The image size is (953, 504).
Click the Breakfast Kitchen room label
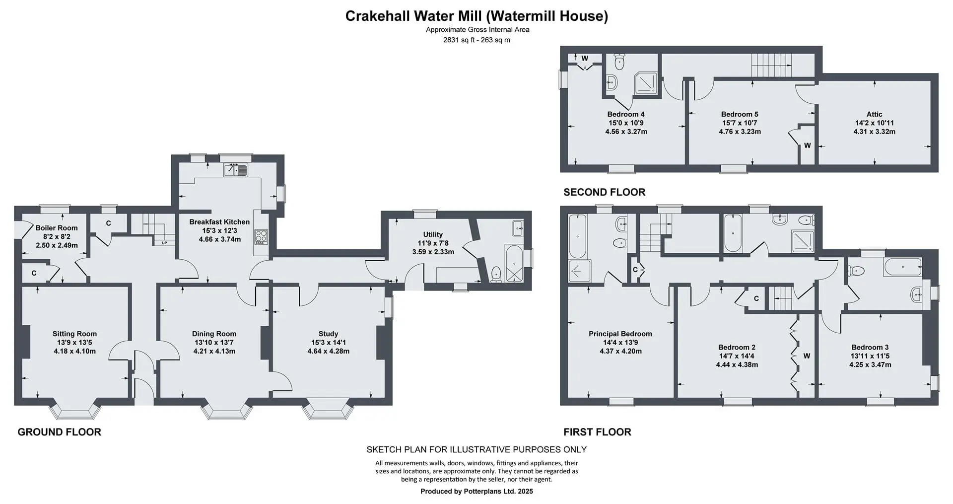click(x=219, y=222)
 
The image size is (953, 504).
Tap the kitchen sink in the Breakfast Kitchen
click(x=236, y=170)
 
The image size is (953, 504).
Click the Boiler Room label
click(x=57, y=228)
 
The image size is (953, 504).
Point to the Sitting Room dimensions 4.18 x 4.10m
click(x=74, y=351)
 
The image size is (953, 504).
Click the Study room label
click(x=328, y=334)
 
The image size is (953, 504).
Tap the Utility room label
click(x=433, y=234)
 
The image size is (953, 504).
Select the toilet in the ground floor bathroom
click(x=496, y=275)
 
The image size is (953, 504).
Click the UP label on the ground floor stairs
click(x=164, y=243)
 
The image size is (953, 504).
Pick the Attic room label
click(x=874, y=114)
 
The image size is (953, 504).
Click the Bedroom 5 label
click(x=740, y=114)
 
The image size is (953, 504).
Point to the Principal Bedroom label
click(x=620, y=334)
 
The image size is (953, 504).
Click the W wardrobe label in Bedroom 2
click(x=807, y=356)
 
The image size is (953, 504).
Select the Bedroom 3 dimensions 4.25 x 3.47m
click(x=870, y=364)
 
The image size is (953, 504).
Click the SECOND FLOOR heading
click(x=604, y=192)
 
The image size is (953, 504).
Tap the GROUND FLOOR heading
click(x=59, y=432)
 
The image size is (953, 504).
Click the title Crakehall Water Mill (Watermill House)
click(x=476, y=16)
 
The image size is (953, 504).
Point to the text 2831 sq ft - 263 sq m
click(x=476, y=40)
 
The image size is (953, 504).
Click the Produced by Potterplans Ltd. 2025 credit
click(x=476, y=491)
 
